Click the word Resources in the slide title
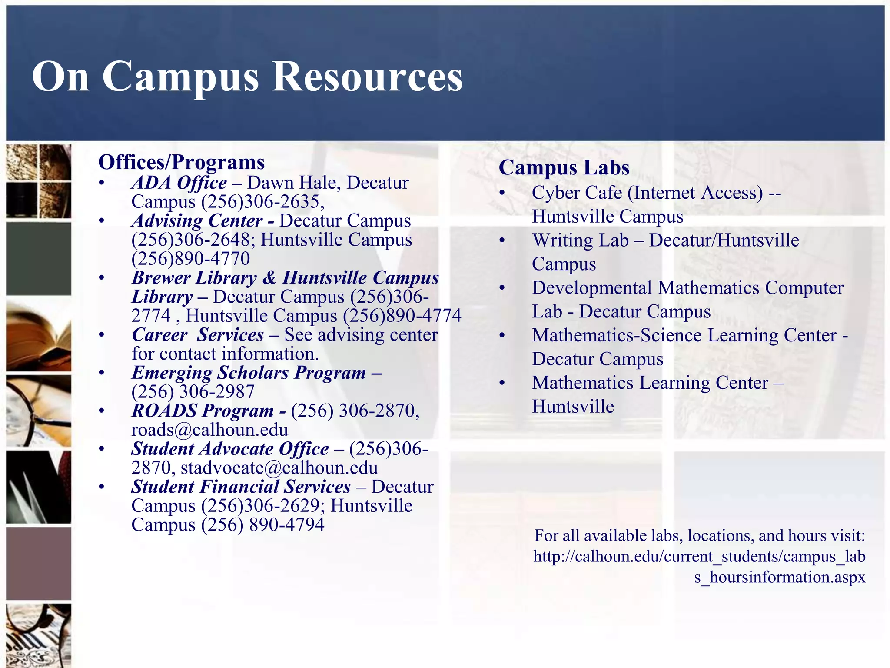pos(367,77)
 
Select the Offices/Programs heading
pos(181,162)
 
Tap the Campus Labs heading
pos(564,167)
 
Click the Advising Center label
pos(197,221)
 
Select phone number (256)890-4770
pos(191,259)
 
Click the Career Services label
pos(198,335)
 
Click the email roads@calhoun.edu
pos(209,430)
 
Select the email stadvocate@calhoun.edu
pos(279,468)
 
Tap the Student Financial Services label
pos(241,487)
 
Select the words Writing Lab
pos(580,240)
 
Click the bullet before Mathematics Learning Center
pos(502,383)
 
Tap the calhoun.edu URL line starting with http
pos(699,557)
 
